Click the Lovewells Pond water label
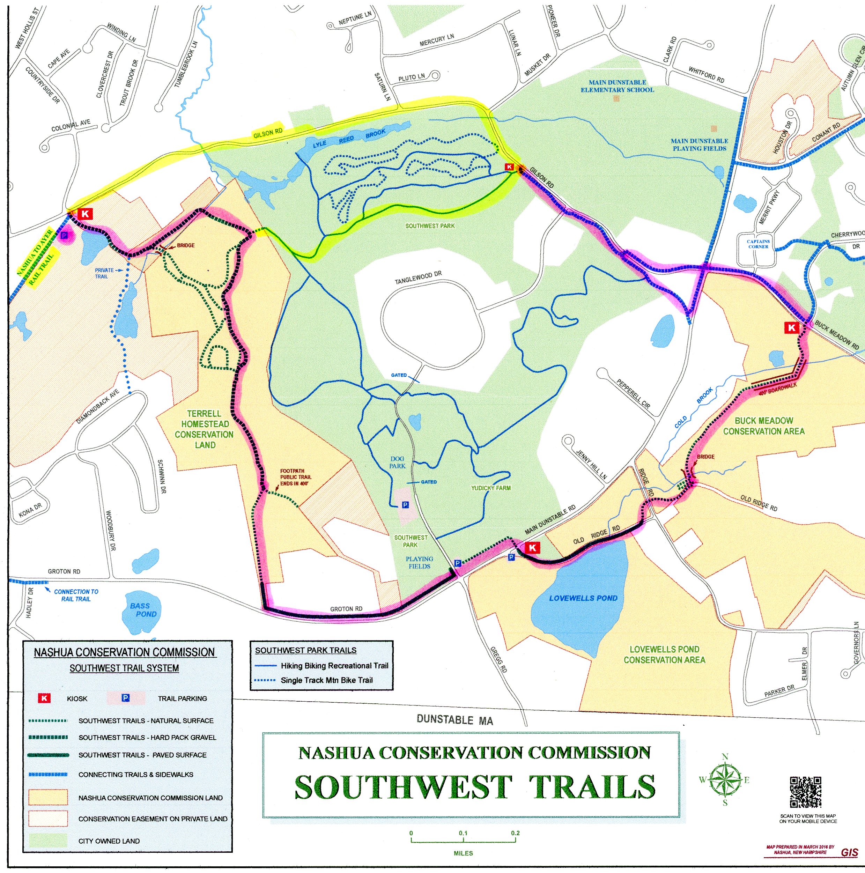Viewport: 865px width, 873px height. pyautogui.click(x=583, y=598)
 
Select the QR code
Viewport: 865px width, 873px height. pyautogui.click(x=805, y=792)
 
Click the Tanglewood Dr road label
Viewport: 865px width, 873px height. pyautogui.click(x=418, y=278)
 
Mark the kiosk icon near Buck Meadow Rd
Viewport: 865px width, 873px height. pyautogui.click(x=791, y=328)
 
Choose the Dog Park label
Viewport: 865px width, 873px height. pyautogui.click(x=397, y=462)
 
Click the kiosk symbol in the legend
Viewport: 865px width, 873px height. pyautogui.click(x=44, y=698)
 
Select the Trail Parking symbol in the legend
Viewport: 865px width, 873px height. pyautogui.click(x=126, y=698)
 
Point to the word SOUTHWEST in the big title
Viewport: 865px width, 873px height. pyautogui.click(x=403, y=787)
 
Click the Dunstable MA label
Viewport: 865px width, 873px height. pyautogui.click(x=454, y=720)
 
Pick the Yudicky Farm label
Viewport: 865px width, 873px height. pyautogui.click(x=491, y=488)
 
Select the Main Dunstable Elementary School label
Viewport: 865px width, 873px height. pyautogui.click(x=618, y=86)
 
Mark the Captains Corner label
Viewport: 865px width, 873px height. pyautogui.click(x=758, y=244)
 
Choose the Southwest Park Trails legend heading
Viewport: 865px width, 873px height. pyautogui.click(x=305, y=650)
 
